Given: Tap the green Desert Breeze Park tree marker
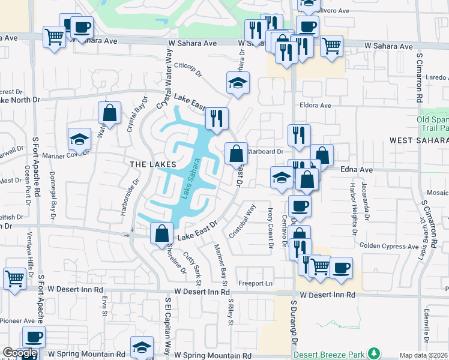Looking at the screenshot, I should pyautogui.click(x=375, y=352).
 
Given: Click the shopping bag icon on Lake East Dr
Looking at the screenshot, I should pyautogui.click(x=162, y=233).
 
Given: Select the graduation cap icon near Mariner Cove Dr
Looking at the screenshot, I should pyautogui.click(x=79, y=139).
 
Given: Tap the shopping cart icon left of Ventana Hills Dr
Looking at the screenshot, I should pyautogui.click(x=14, y=277).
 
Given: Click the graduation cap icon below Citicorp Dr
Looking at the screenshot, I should pyautogui.click(x=238, y=82).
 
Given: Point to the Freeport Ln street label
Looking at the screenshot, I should pyautogui.click(x=255, y=283).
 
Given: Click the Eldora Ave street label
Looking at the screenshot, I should pyautogui.click(x=316, y=106).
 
